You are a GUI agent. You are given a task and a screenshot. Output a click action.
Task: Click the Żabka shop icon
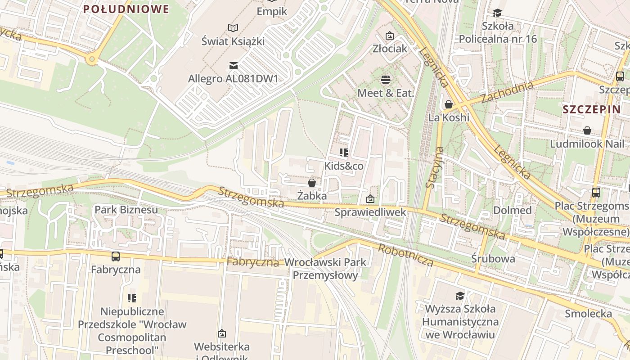[311, 183]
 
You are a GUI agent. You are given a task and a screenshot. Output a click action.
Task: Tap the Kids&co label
[344, 166]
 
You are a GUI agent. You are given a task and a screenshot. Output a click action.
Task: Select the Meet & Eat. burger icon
[386, 80]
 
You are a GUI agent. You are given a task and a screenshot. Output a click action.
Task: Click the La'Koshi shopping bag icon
[449, 104]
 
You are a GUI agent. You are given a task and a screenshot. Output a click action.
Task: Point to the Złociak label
[390, 48]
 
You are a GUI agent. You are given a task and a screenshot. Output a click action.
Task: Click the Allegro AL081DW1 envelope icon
[233, 66]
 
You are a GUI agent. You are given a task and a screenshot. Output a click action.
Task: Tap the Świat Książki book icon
[233, 28]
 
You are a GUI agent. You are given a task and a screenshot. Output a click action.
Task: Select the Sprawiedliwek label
[370, 212]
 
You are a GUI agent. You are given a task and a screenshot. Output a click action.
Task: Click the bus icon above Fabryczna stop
[116, 256]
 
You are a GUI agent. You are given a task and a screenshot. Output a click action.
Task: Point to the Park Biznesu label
[126, 210]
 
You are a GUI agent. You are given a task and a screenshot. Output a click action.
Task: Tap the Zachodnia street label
[507, 92]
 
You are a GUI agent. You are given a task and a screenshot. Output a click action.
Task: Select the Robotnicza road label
[405, 255]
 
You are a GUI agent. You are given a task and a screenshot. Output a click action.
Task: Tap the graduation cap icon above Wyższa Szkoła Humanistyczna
[460, 296]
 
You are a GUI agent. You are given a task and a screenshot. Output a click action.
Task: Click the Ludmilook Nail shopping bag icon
[587, 130]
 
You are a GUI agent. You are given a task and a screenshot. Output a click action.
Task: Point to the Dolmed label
[513, 210]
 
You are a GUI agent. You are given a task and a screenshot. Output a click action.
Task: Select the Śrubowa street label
[493, 259]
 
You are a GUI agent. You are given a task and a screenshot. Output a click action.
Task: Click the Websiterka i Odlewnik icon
[221, 333]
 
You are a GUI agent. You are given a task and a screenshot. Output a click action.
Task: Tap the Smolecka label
[588, 314]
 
